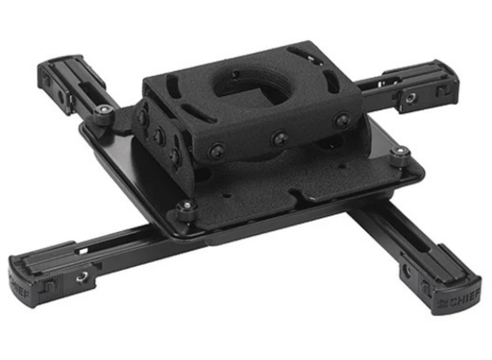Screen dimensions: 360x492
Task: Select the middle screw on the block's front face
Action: pos(280,139)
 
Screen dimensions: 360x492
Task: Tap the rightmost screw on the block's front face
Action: pos(341,121)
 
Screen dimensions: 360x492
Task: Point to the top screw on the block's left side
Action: pos(143,114)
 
